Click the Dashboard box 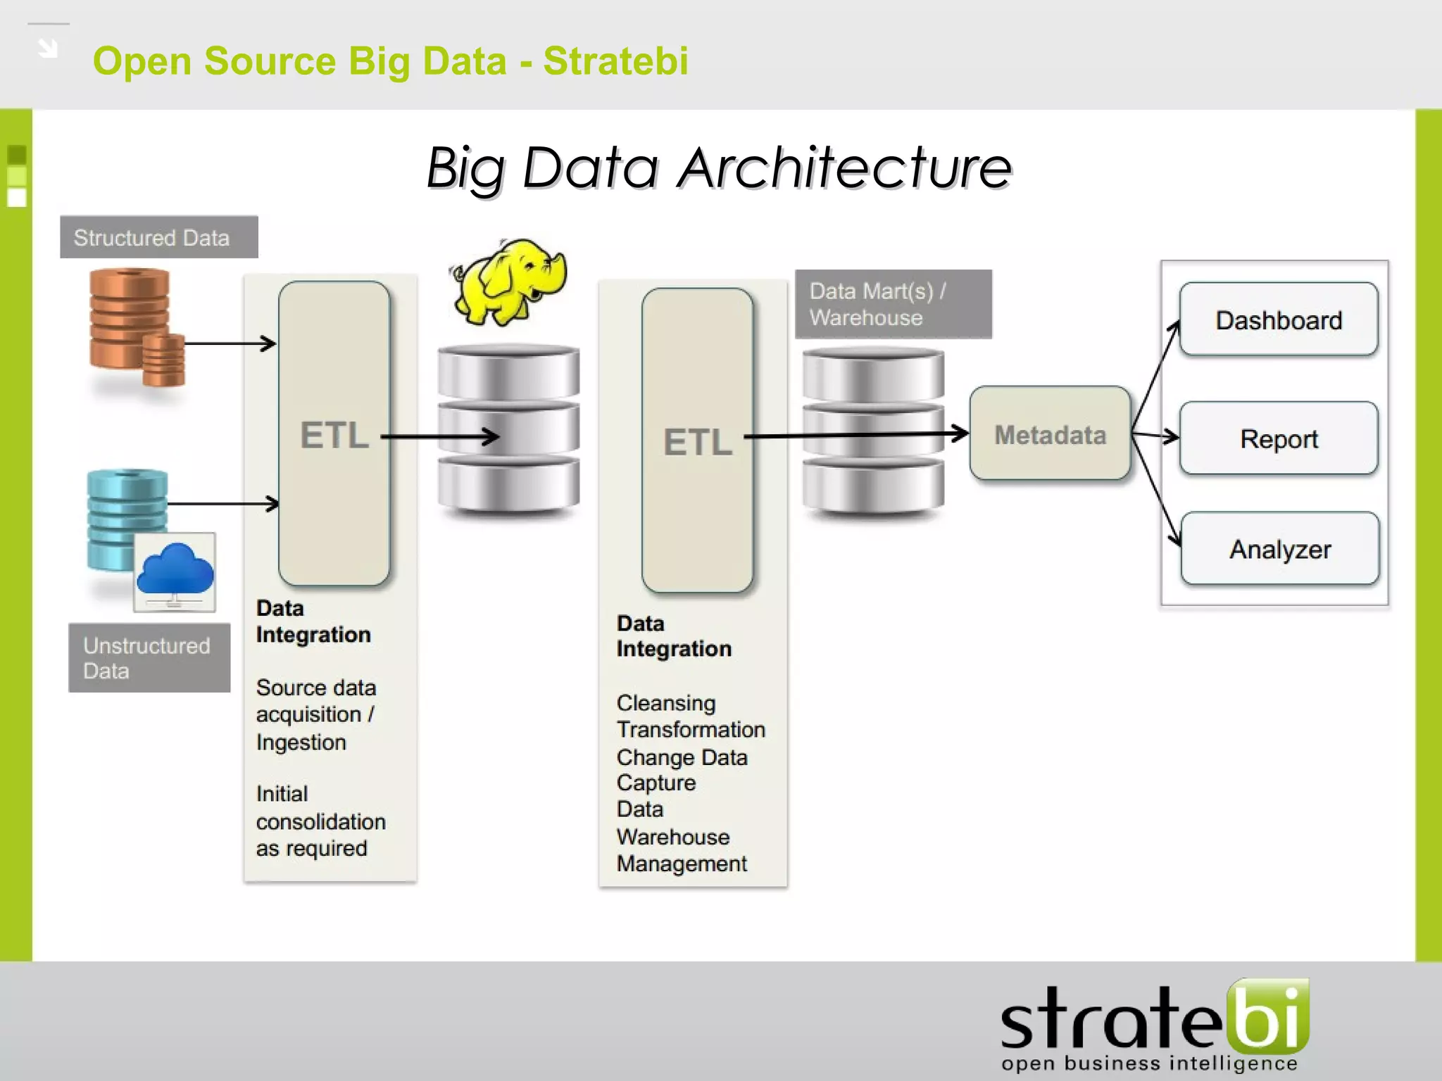click(1278, 320)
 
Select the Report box click(1278, 438)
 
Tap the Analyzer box click(1279, 549)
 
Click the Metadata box click(1050, 434)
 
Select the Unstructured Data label click(149, 658)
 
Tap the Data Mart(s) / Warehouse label click(893, 304)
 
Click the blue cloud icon click(175, 569)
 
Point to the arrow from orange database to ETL click(229, 344)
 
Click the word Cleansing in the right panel click(665, 702)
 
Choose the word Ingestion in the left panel click(301, 742)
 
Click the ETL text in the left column click(334, 435)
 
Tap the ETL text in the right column click(698, 442)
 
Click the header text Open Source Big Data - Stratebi click(390, 61)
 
